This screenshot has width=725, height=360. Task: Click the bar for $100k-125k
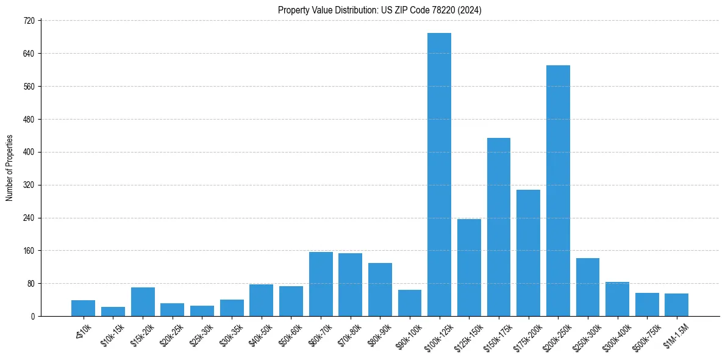click(439, 175)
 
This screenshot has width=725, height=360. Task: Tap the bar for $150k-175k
click(498, 227)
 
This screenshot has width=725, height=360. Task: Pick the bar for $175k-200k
click(528, 253)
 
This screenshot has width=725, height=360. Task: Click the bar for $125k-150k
click(469, 267)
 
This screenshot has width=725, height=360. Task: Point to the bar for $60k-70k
click(321, 284)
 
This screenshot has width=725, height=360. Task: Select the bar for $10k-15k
click(113, 311)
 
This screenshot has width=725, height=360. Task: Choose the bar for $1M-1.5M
click(676, 304)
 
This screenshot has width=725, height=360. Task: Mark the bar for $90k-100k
click(410, 303)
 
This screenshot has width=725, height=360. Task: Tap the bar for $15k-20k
click(143, 301)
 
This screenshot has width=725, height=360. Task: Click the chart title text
click(379, 10)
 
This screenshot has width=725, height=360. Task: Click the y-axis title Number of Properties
click(10, 168)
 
